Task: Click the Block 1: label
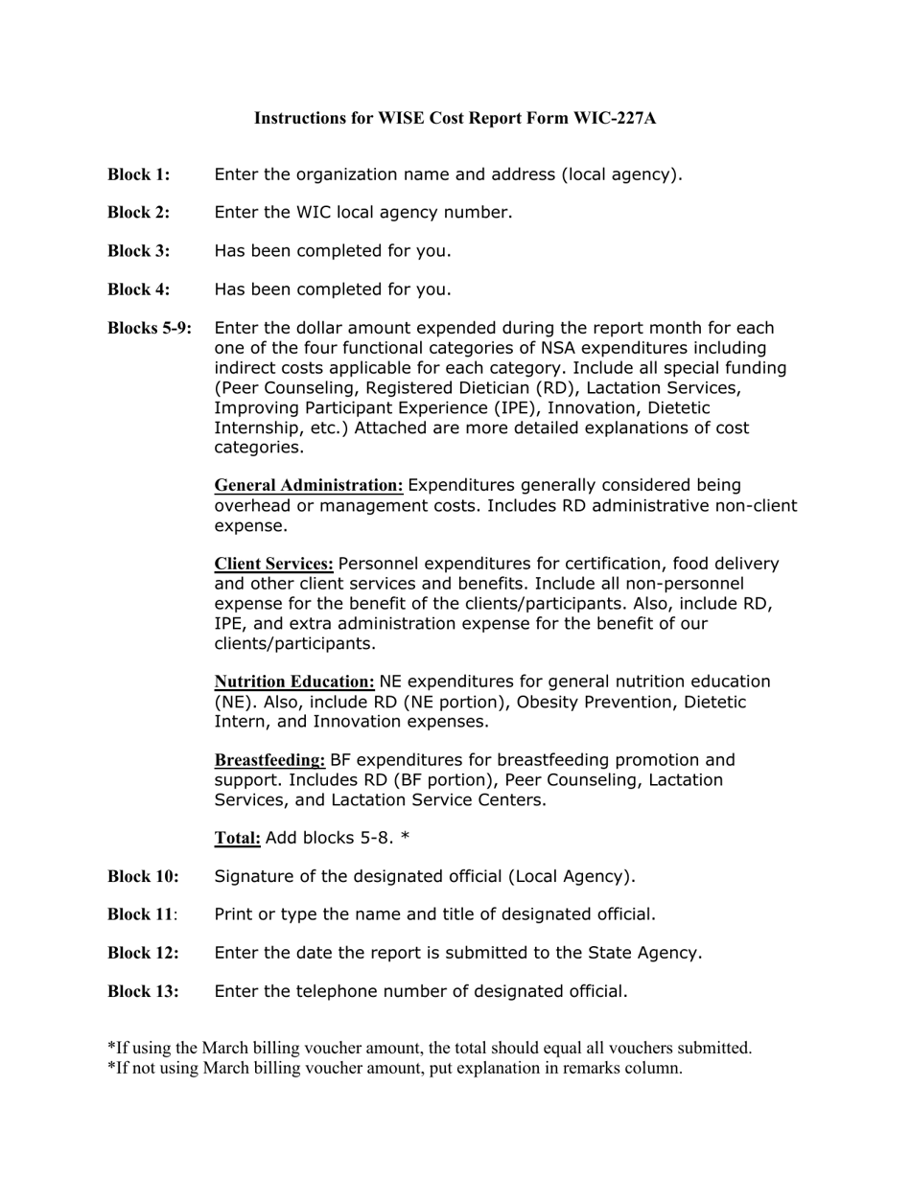(x=138, y=174)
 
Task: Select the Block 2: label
(x=138, y=213)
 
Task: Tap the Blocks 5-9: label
(x=150, y=328)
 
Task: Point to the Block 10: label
(x=143, y=876)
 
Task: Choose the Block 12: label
(x=143, y=953)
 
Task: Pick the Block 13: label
(x=143, y=991)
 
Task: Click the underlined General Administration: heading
(x=309, y=485)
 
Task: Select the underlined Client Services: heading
(x=273, y=564)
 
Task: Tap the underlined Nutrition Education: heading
(x=294, y=682)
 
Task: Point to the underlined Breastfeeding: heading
(x=269, y=760)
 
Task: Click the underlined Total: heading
(x=237, y=838)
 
